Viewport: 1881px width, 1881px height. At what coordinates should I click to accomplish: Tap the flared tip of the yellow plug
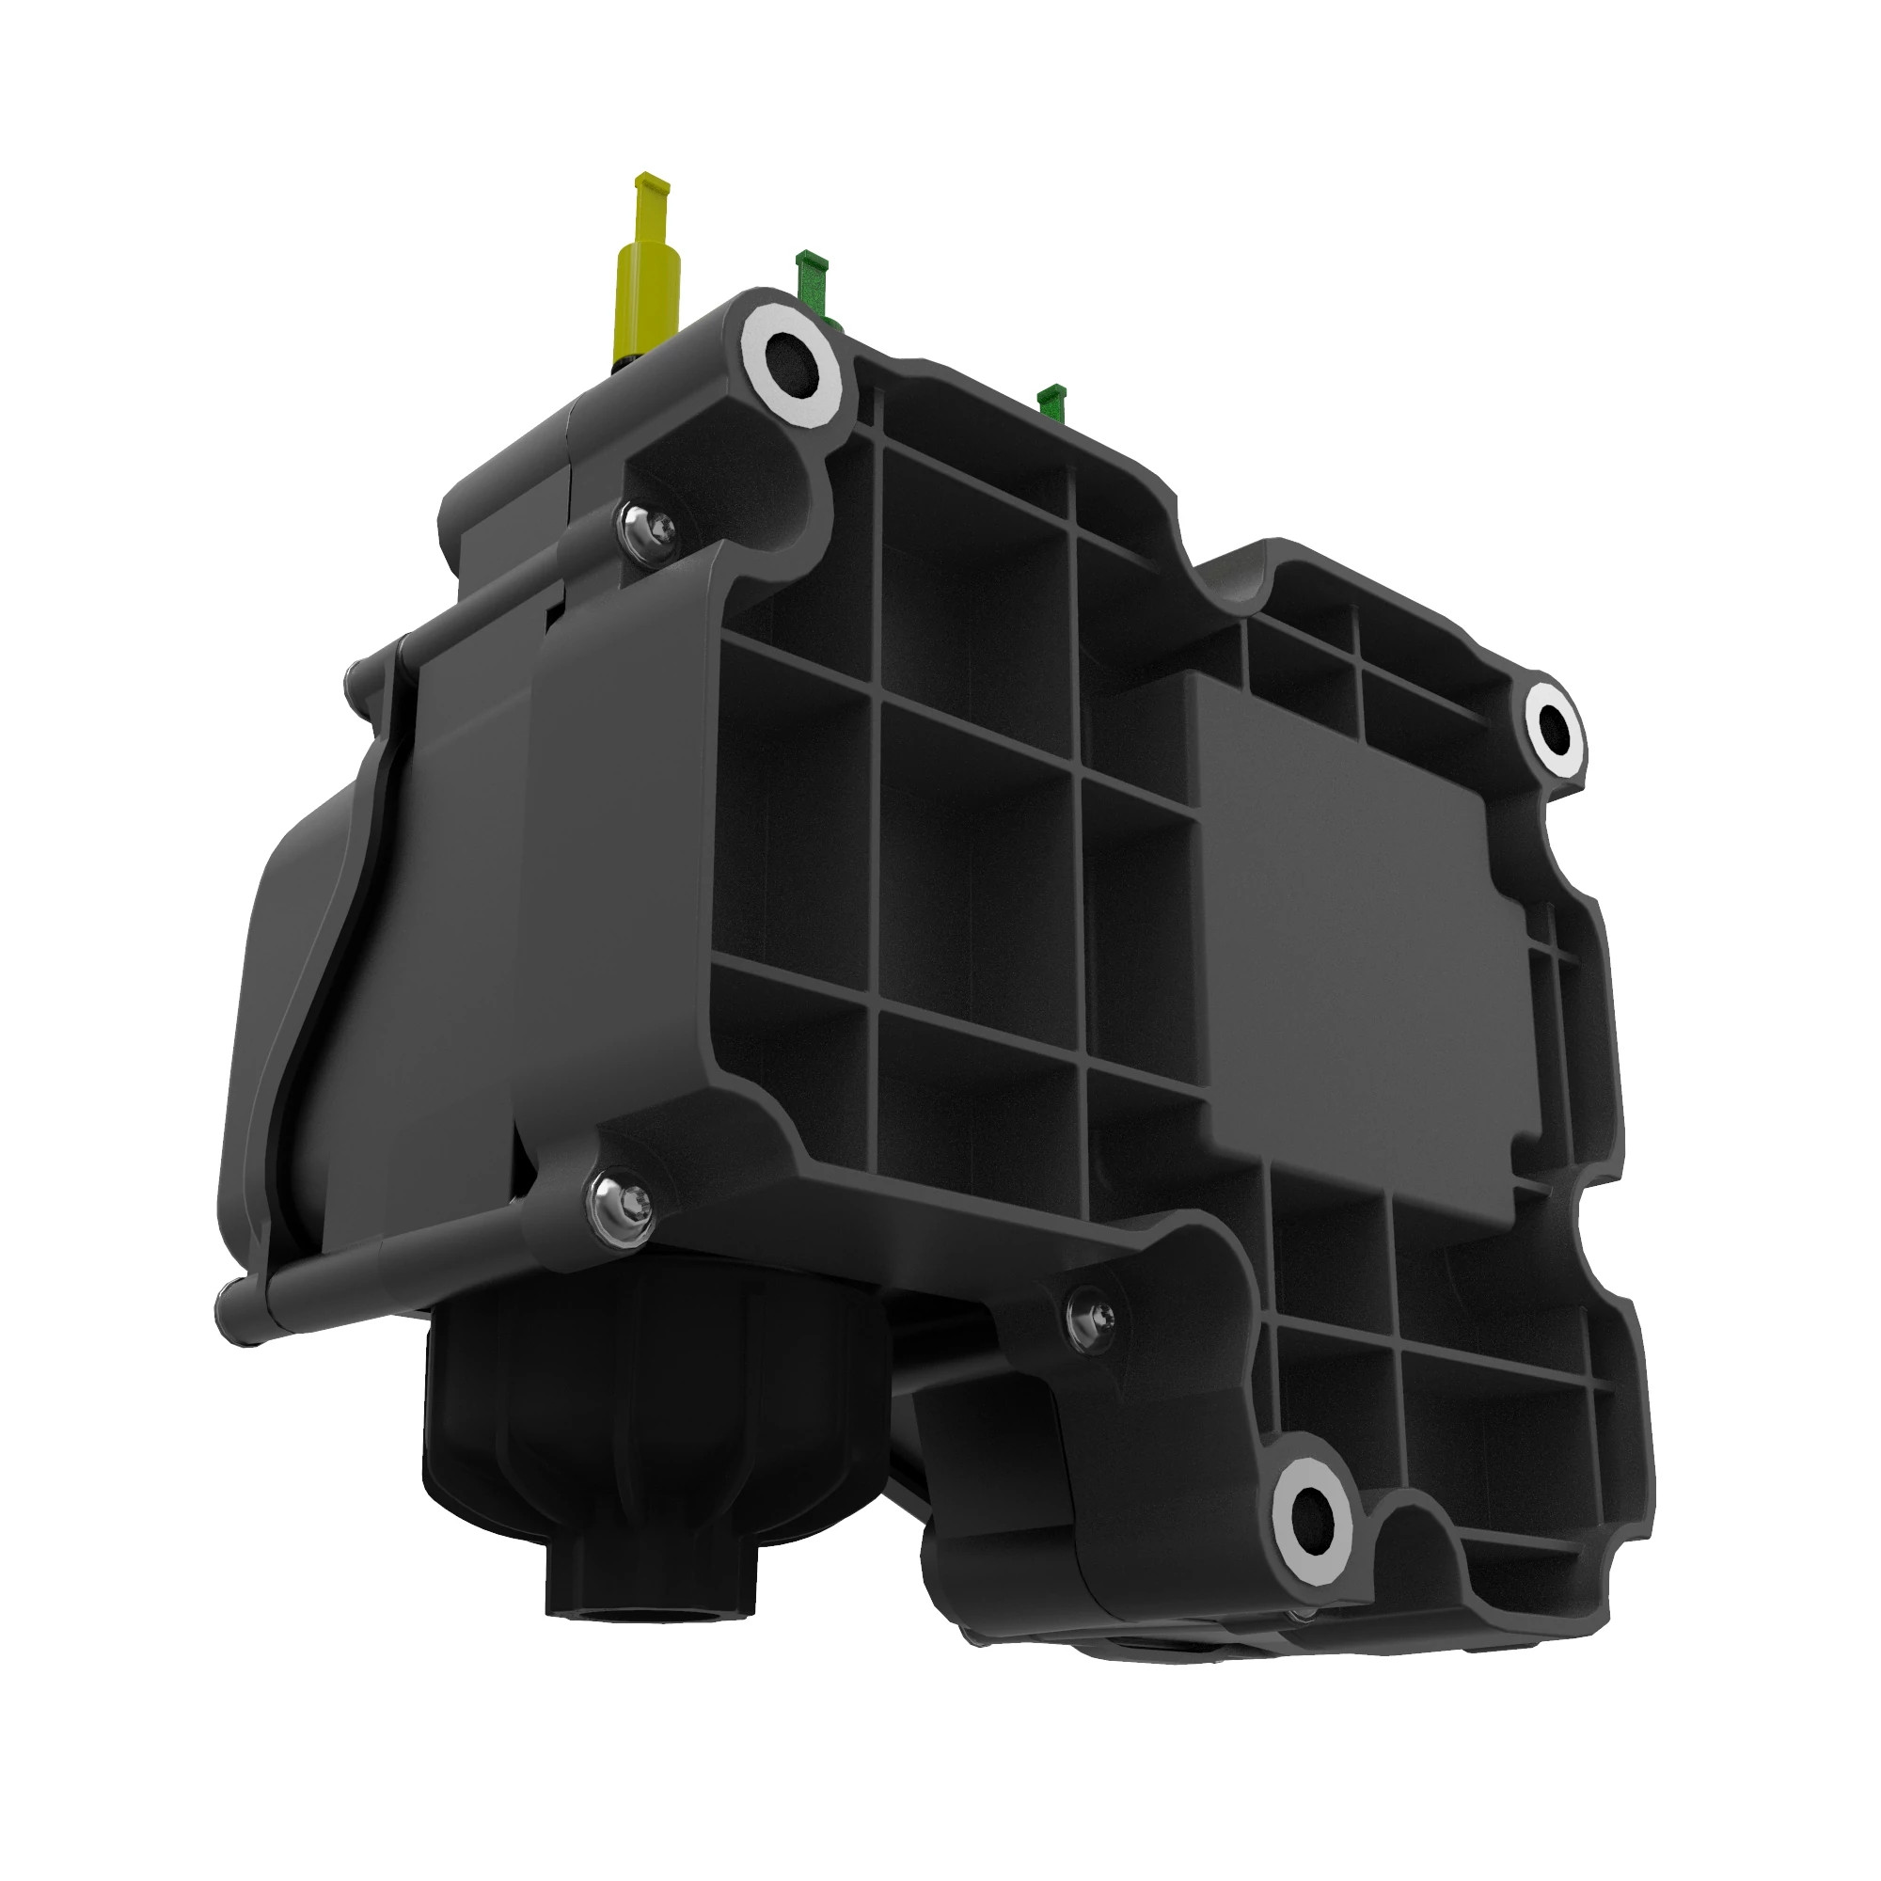[x=652, y=182]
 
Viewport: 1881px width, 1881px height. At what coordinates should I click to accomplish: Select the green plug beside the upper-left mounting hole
[x=813, y=285]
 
